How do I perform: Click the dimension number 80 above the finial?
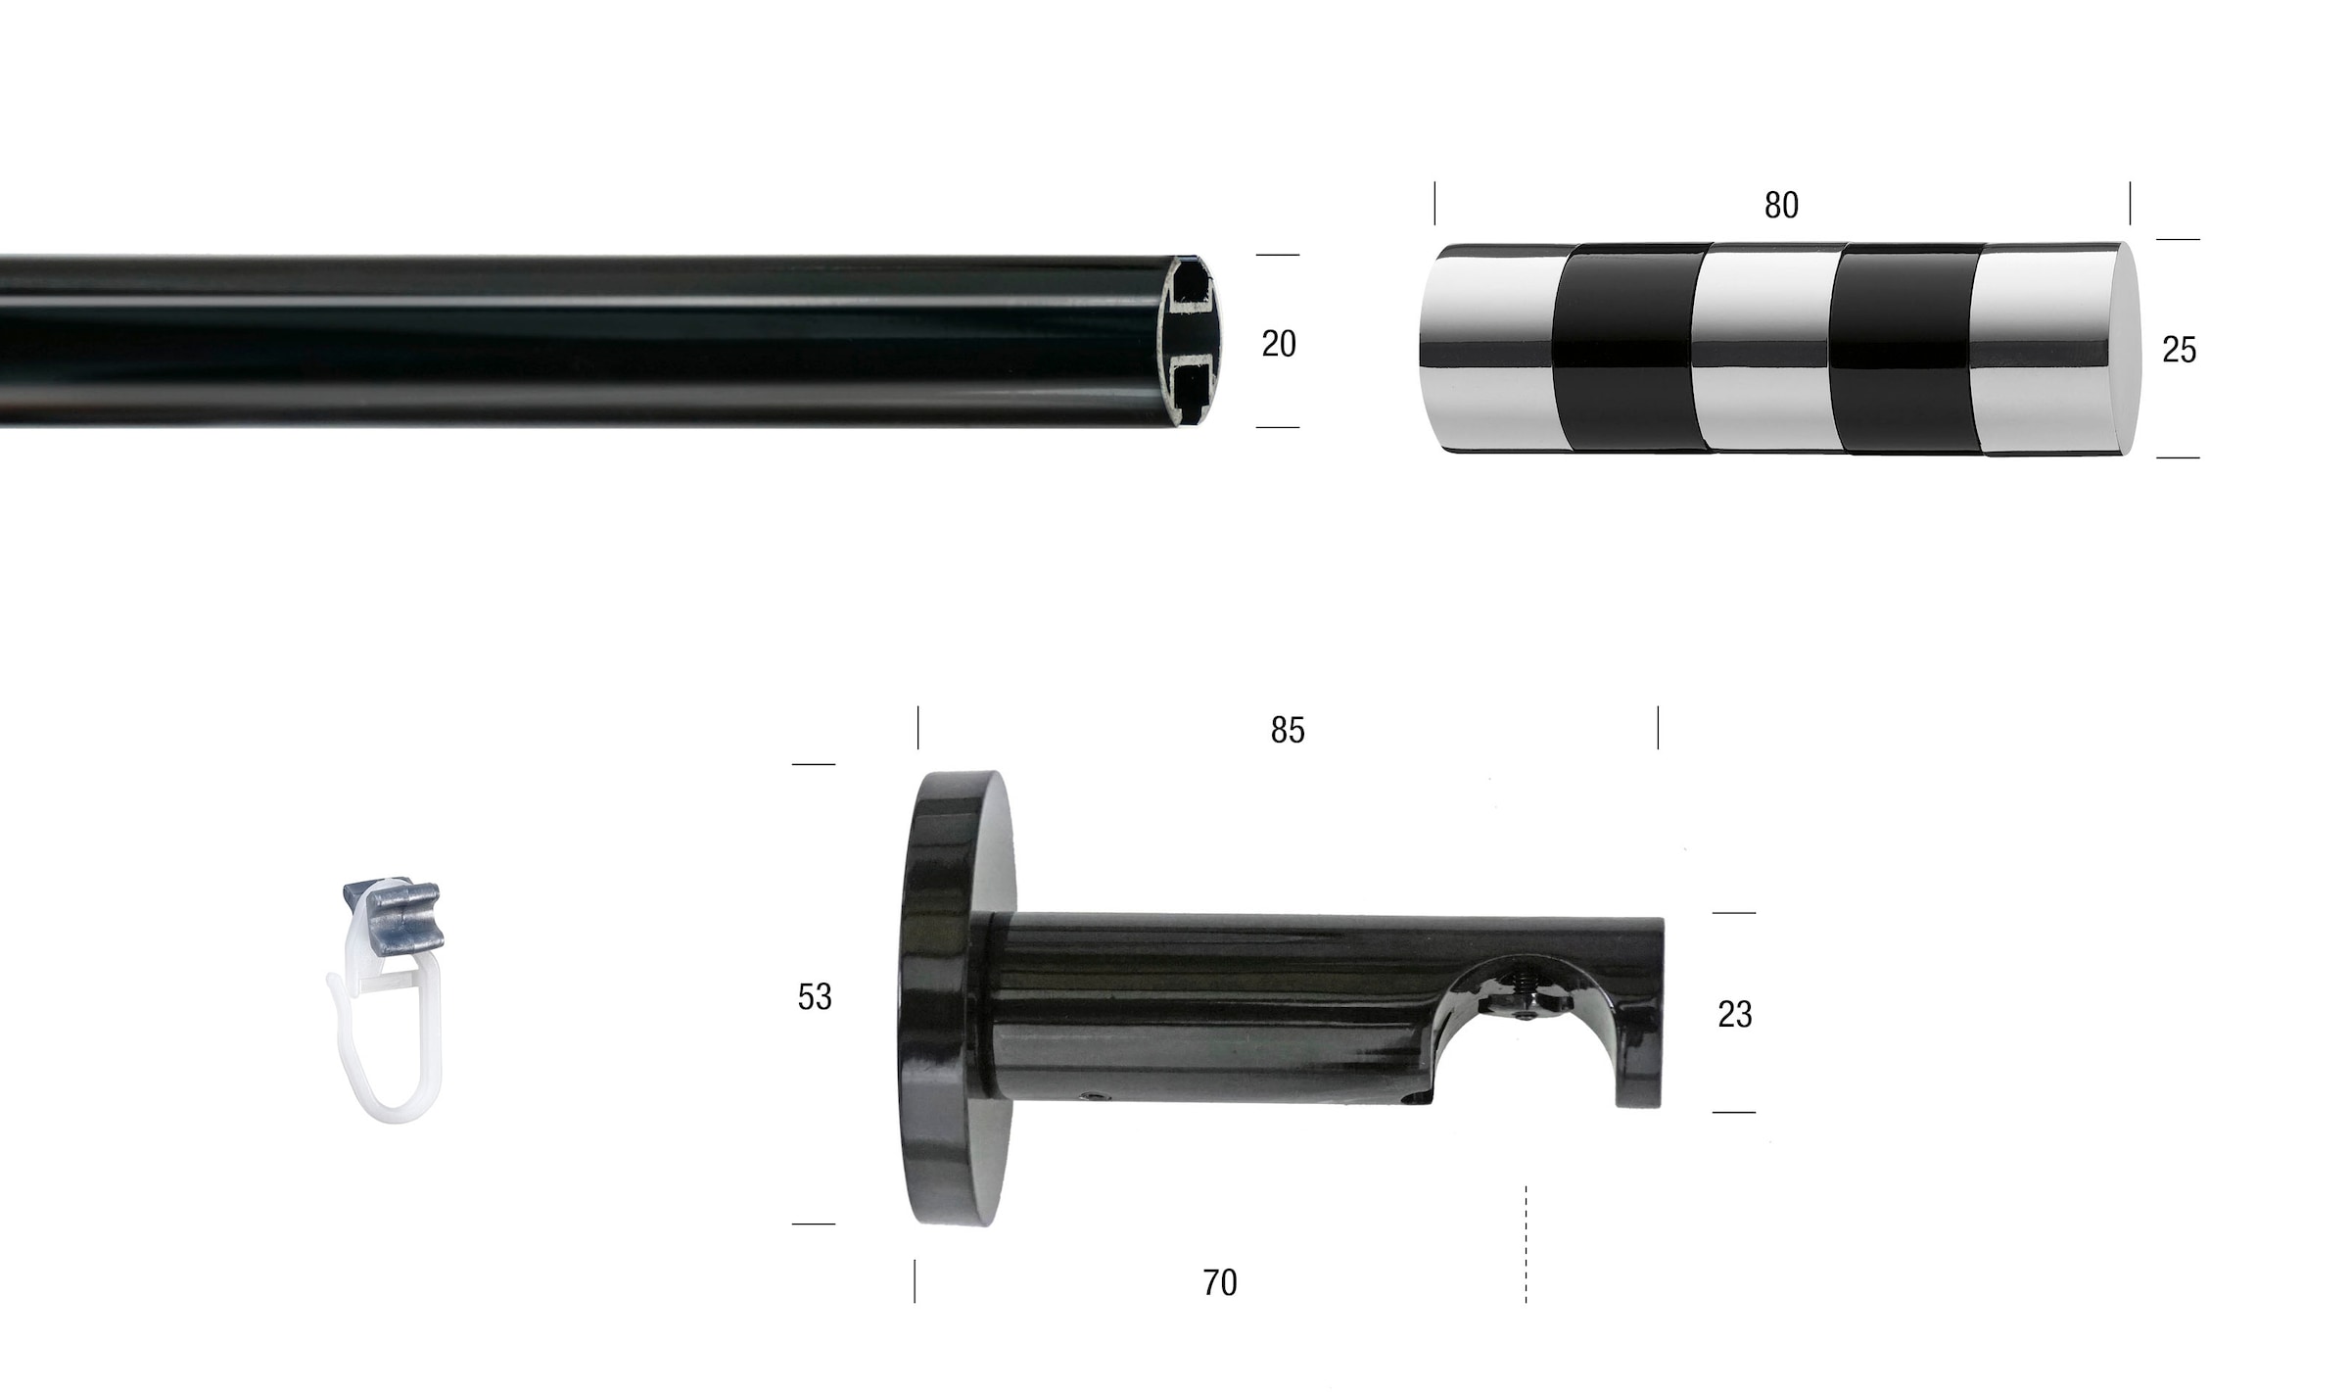pyautogui.click(x=1781, y=206)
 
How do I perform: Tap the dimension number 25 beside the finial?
pyautogui.click(x=2179, y=351)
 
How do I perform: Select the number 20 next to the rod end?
pyautogui.click(x=1279, y=344)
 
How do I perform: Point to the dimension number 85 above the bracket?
pyautogui.click(x=1288, y=731)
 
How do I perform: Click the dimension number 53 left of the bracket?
pyautogui.click(x=815, y=997)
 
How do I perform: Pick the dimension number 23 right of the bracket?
pyautogui.click(x=1734, y=1015)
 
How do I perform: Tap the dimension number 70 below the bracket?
pyautogui.click(x=1220, y=1283)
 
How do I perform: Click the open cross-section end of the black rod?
pyautogui.click(x=1190, y=341)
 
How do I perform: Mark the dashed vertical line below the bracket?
pyautogui.click(x=1526, y=1244)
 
